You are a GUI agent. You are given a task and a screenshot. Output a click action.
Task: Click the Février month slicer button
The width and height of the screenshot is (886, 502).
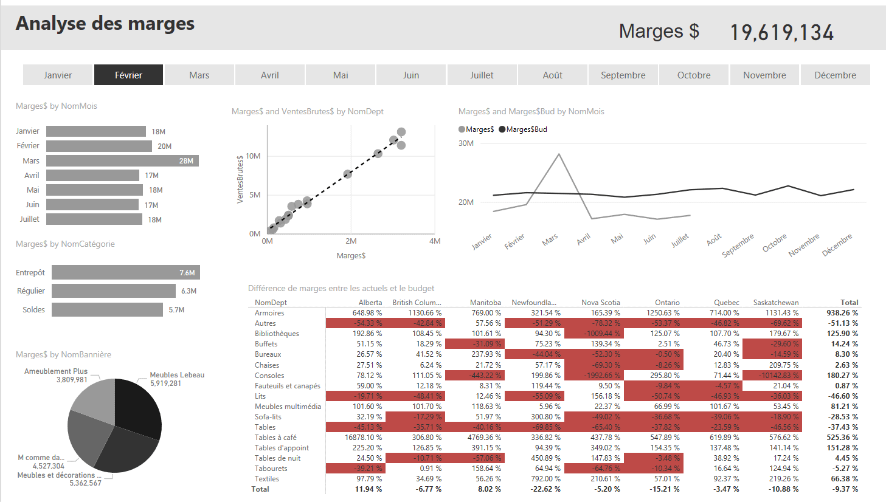128,75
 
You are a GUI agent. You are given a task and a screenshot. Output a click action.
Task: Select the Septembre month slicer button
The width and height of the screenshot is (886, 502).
623,75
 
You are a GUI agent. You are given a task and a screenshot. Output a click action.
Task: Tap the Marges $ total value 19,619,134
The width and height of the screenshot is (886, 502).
781,33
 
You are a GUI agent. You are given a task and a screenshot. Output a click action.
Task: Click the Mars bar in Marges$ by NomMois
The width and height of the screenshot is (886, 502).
122,160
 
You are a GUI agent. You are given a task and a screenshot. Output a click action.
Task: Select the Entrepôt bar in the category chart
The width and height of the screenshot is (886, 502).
125,272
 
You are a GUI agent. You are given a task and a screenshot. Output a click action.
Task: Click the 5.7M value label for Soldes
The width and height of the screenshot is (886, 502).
176,310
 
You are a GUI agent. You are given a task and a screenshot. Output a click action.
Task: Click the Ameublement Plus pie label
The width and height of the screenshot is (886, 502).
56,371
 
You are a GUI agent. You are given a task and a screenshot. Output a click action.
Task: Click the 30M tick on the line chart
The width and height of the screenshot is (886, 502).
466,143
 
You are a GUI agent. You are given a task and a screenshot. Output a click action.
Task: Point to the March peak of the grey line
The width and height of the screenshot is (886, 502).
559,154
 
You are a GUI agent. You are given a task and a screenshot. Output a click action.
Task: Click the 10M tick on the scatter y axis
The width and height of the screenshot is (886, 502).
253,156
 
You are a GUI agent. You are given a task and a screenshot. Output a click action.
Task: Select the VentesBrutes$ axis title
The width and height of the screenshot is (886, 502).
240,179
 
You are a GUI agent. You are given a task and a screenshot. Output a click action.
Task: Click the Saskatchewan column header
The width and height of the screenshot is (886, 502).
775,303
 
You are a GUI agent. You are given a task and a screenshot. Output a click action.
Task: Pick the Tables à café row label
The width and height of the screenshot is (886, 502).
275,438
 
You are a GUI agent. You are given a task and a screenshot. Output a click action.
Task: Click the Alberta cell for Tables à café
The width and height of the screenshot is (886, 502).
364,438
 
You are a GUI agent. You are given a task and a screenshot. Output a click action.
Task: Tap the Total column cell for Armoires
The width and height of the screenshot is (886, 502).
842,313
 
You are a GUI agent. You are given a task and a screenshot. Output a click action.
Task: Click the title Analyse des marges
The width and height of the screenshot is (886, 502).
105,23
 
